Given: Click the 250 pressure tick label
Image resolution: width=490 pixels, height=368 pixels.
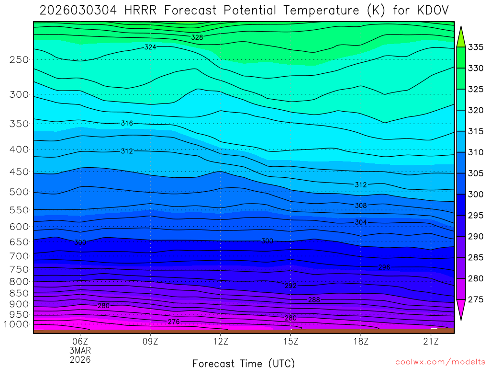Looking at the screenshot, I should (x=19, y=59).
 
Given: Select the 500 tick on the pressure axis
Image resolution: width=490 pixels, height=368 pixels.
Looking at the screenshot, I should (x=19, y=192).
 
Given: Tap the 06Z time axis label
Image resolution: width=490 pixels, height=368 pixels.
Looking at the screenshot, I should (x=80, y=341).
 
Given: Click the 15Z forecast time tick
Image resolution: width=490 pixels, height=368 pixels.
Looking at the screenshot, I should (x=290, y=341).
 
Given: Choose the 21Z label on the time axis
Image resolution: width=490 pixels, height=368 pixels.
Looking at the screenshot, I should (x=431, y=341).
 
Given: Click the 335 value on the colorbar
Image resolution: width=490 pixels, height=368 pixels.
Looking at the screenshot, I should (x=476, y=47).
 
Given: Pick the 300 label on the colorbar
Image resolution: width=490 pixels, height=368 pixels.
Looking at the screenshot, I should (x=476, y=194).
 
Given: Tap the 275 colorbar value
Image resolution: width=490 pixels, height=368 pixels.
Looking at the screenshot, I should (x=476, y=299).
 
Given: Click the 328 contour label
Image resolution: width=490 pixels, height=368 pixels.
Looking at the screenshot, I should (x=197, y=37).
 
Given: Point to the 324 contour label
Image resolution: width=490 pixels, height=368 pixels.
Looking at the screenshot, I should (x=150, y=47).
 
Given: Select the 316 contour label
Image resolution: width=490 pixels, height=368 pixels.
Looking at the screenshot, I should (x=127, y=123).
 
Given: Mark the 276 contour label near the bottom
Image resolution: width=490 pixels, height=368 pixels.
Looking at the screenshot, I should (x=174, y=322).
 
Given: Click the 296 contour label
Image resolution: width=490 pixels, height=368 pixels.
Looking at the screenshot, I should (x=384, y=267).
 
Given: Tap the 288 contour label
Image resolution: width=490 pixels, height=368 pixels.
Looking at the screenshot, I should (x=314, y=300).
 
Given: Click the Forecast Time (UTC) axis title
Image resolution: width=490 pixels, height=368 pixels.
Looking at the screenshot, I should (x=244, y=363).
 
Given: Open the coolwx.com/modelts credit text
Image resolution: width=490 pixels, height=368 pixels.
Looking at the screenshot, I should (x=440, y=362).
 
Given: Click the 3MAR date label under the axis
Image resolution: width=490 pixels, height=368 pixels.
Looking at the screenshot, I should (x=80, y=350).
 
